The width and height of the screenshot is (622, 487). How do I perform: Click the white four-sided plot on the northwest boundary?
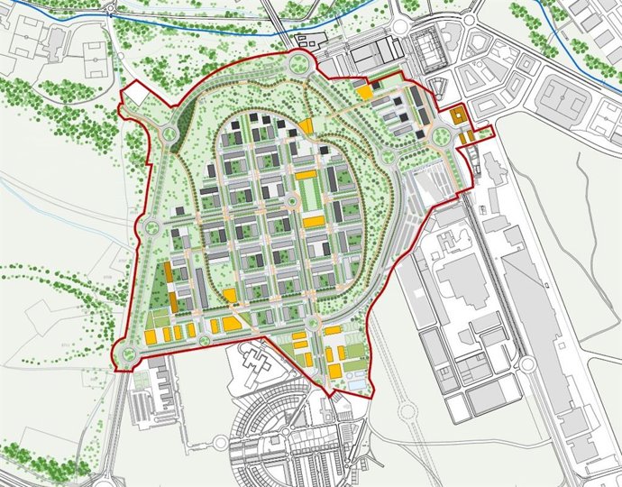tap(137, 94)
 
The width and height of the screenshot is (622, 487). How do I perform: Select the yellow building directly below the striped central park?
tap(313, 221)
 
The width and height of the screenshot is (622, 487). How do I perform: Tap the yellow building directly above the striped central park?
tap(306, 174)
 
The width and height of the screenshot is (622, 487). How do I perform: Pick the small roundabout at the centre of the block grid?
tap(292, 200)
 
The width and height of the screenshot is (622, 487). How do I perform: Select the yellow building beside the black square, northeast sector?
tap(365, 91)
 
